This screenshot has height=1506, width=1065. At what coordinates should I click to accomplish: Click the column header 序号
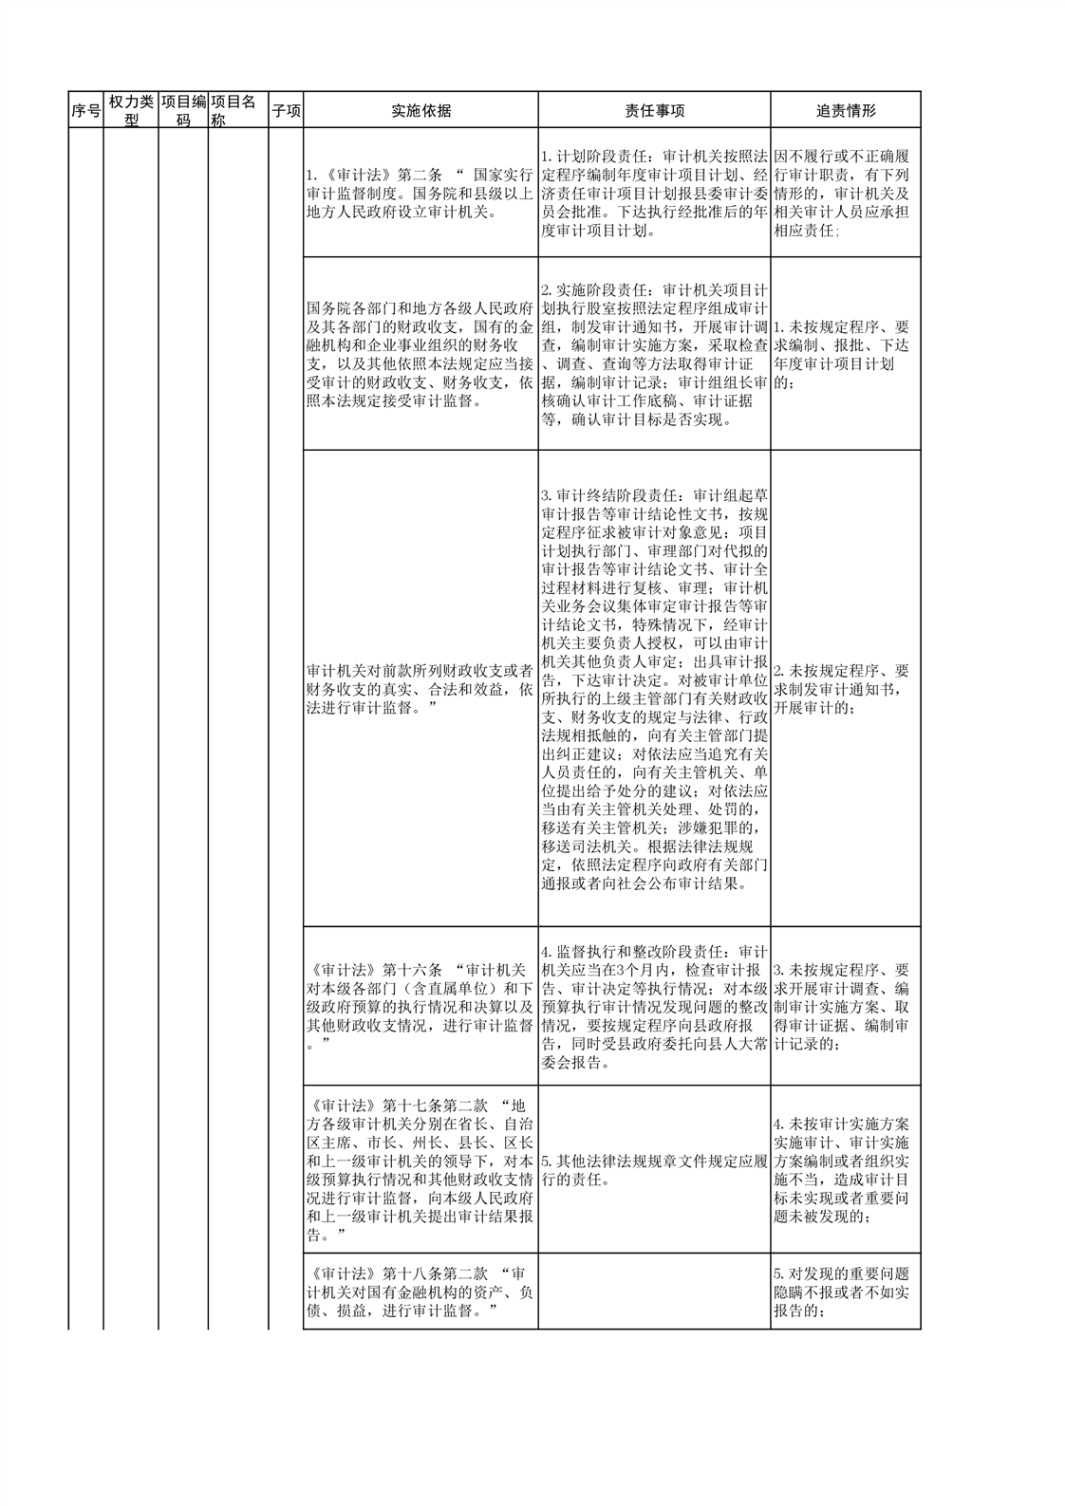point(85,110)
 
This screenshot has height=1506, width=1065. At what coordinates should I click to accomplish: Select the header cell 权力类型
point(131,110)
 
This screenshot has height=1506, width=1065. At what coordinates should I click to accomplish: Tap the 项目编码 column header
point(183,110)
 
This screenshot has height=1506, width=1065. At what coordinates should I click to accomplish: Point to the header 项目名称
point(238,110)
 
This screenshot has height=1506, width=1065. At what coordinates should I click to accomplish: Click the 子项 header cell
point(286,110)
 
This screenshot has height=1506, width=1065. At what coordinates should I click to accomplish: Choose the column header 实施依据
point(420,110)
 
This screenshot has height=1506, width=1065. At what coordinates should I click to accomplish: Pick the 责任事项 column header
point(654,110)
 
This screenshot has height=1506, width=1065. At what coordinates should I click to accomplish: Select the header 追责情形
point(845,110)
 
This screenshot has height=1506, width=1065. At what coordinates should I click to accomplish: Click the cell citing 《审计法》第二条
point(420,194)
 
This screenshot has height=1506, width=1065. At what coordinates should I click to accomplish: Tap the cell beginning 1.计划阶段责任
point(654,193)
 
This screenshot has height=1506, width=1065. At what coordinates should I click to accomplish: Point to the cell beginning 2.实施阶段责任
point(654,354)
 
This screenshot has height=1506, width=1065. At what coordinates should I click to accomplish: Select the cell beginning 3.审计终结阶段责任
point(654,689)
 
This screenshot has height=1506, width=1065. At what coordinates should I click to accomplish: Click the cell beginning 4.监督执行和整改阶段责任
point(654,1006)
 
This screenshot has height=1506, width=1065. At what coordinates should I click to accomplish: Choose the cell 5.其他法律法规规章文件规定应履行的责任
point(654,1170)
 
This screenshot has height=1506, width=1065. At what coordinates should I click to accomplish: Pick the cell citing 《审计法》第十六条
point(420,1006)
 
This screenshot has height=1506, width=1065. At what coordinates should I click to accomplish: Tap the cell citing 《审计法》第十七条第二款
point(420,1170)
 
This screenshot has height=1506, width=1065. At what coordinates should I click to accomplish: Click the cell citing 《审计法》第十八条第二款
point(420,1292)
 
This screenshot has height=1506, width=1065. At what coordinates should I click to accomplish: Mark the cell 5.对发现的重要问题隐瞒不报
point(845,1292)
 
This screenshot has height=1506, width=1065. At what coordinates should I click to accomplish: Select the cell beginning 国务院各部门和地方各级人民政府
point(420,354)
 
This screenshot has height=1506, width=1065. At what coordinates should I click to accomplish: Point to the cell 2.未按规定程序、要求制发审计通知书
point(845,689)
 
